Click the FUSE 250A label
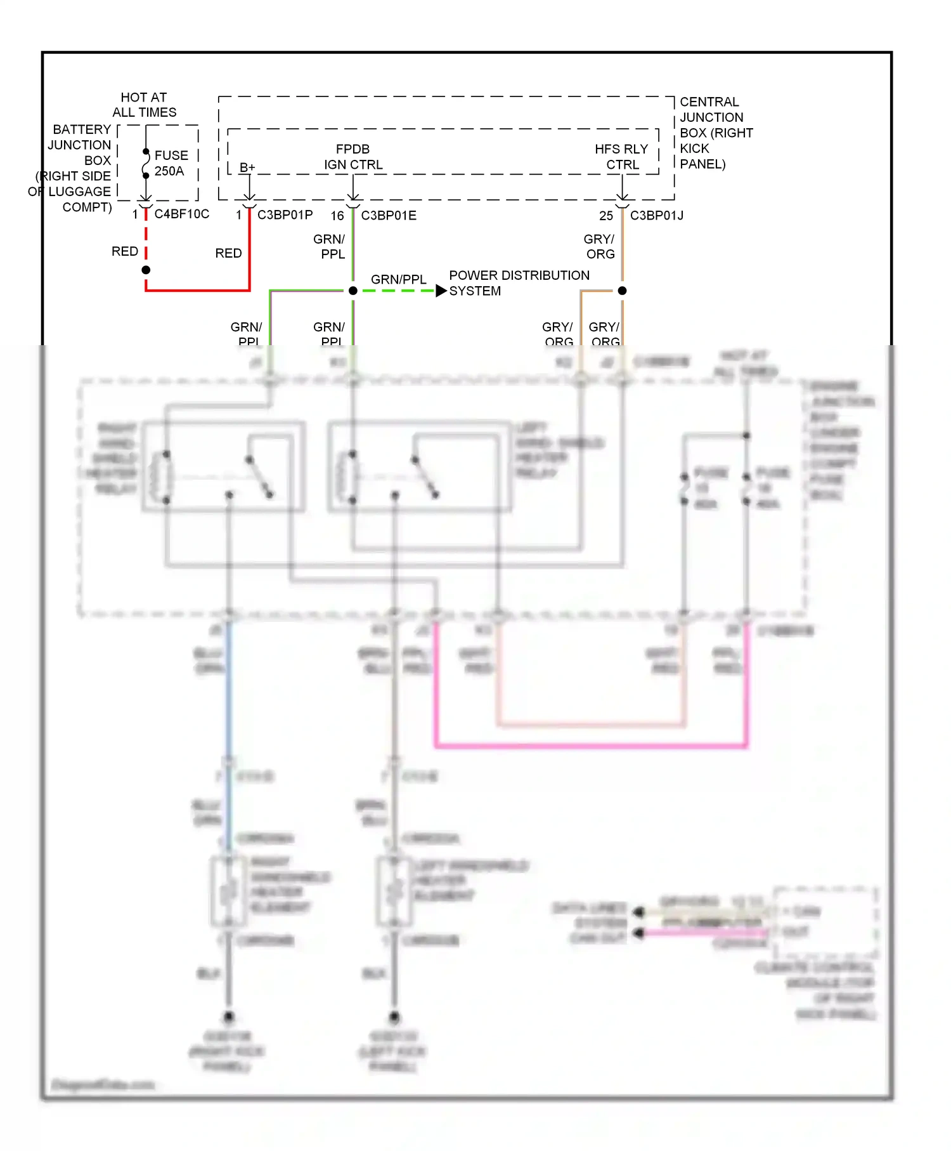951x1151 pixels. pyautogui.click(x=171, y=163)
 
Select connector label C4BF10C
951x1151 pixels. pyautogui.click(x=181, y=214)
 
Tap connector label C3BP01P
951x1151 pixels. pyautogui.click(x=285, y=215)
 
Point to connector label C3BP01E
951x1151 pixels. pyautogui.click(x=389, y=216)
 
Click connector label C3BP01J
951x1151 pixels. pyautogui.click(x=656, y=216)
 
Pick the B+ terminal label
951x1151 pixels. pyautogui.click(x=247, y=168)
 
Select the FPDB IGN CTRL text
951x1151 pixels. pyautogui.click(x=353, y=157)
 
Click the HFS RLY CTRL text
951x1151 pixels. pyautogui.click(x=621, y=157)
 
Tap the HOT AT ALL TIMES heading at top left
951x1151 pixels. pyautogui.click(x=144, y=105)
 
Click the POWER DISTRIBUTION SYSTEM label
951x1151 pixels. pyautogui.click(x=519, y=283)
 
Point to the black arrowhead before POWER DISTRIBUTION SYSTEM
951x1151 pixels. pyautogui.click(x=441, y=291)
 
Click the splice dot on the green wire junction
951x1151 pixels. pyautogui.click(x=353, y=291)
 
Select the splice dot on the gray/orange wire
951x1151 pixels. pyautogui.click(x=622, y=291)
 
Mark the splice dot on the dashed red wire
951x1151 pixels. pyautogui.click(x=146, y=270)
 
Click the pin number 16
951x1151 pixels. pyautogui.click(x=337, y=216)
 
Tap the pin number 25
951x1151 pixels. pyautogui.click(x=606, y=216)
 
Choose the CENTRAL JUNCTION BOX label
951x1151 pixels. pyautogui.click(x=715, y=133)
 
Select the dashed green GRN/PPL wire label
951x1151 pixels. pyautogui.click(x=398, y=279)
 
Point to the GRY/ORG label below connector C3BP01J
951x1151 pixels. pyautogui.click(x=599, y=246)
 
